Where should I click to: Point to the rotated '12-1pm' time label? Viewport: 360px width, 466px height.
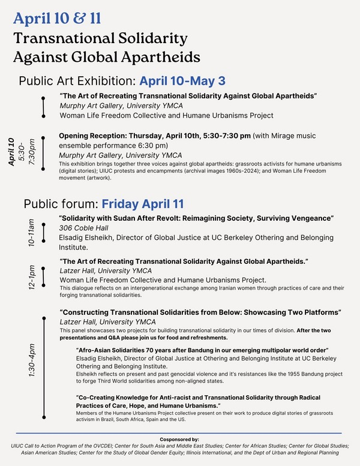point(32,278)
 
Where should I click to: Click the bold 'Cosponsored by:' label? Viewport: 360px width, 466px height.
point(180,439)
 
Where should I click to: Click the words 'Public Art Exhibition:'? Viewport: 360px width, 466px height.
point(78,81)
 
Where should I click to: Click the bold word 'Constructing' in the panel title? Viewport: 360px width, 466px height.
point(86,312)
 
